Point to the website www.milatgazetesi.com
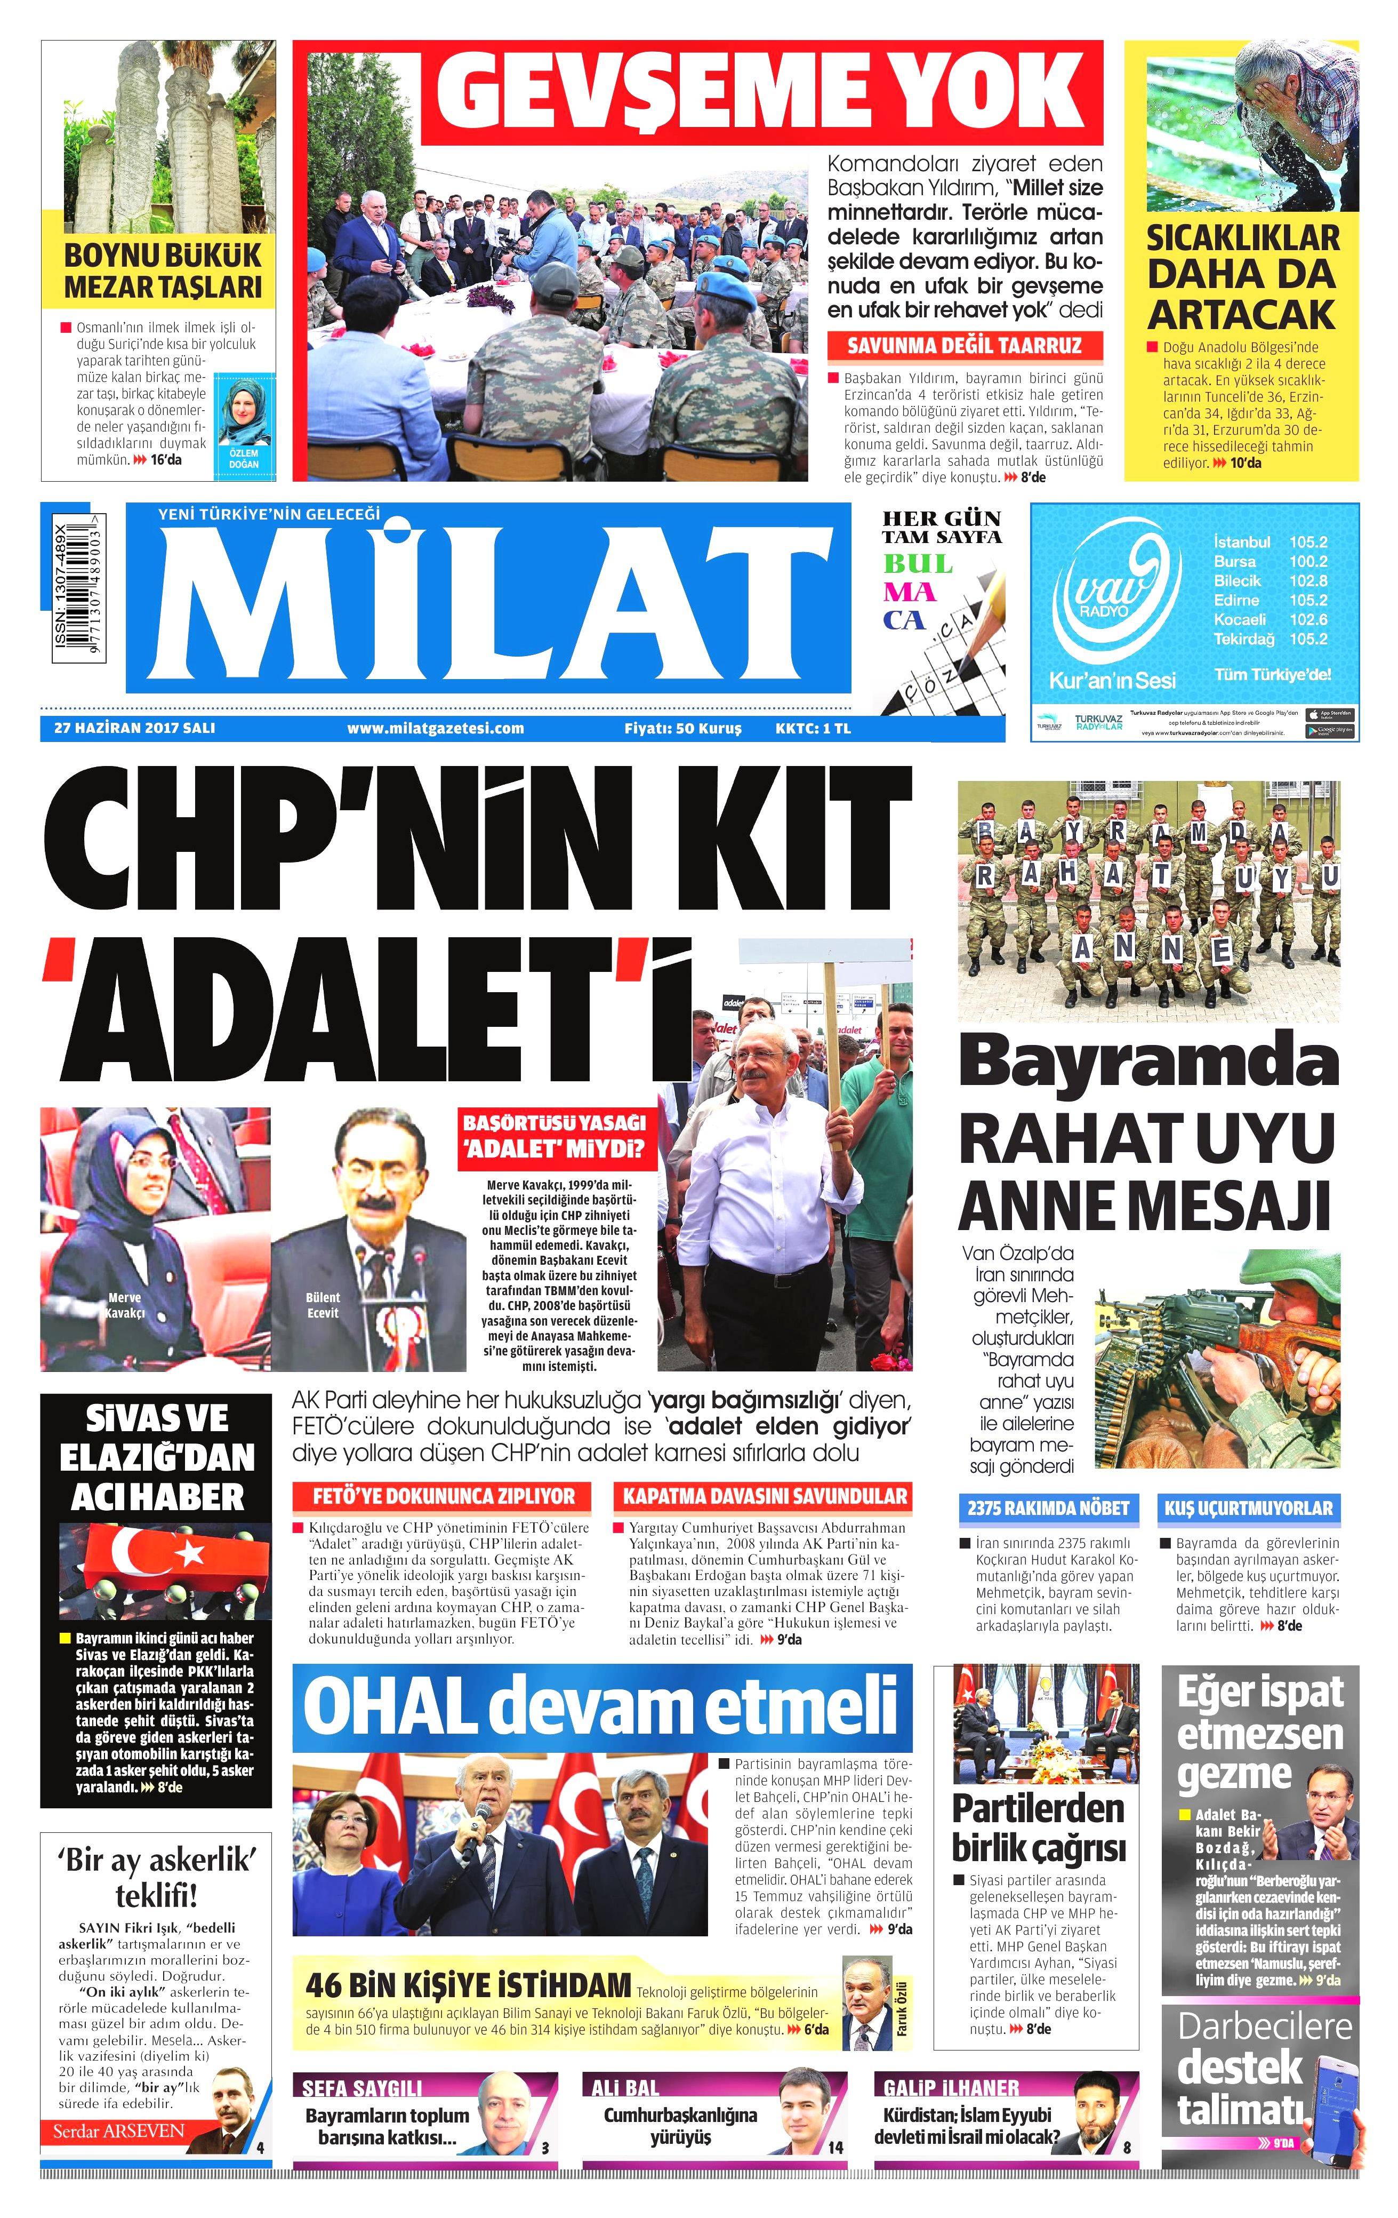click(x=436, y=728)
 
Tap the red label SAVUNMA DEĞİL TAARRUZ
click(x=963, y=346)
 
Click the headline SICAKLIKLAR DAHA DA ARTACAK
click(x=1241, y=276)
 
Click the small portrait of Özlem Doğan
click(x=243, y=413)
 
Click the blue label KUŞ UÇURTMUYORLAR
click(x=1248, y=1508)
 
